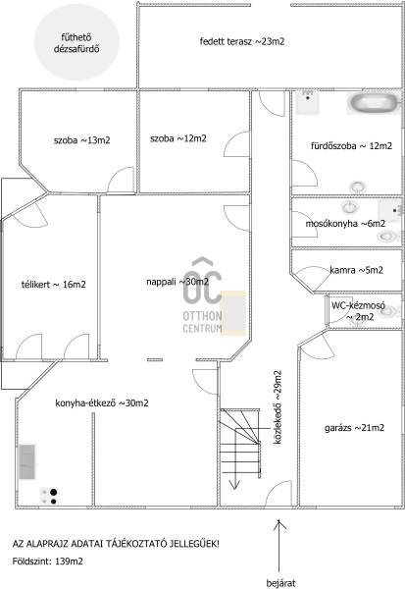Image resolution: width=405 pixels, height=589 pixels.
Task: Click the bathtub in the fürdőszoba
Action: pos(374,102)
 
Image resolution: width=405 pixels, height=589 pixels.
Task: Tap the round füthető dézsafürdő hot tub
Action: pos(76,42)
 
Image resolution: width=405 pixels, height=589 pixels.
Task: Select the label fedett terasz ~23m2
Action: pos(242,41)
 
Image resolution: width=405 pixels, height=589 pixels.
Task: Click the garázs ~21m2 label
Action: pos(354,428)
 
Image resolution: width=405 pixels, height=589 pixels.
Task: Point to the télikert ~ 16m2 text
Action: pos(53,285)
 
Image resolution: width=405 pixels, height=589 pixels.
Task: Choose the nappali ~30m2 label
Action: pos(177,282)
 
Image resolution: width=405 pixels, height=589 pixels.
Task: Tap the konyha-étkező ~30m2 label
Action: pos(102,403)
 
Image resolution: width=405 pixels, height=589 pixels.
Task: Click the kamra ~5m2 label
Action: pos(356,270)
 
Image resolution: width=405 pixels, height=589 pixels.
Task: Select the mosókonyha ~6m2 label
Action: pos(345,224)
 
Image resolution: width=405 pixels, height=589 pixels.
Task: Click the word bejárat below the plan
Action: pos(280,583)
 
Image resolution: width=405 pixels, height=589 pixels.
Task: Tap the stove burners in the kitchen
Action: pos(49,496)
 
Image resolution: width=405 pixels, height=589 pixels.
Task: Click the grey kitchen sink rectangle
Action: pos(27,461)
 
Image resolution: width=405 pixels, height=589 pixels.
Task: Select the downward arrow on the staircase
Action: pos(235,458)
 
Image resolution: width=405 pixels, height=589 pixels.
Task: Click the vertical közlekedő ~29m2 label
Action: pos(278,407)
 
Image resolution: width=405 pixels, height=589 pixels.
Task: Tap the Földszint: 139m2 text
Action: pos(48,562)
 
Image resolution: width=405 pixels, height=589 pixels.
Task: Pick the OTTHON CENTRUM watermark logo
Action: pos(203,295)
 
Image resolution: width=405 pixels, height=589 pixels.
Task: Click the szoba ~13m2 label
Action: pos(81,140)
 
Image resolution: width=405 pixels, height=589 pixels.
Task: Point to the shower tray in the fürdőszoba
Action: pos(308,102)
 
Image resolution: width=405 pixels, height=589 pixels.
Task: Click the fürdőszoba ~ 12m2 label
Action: pos(351,145)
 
